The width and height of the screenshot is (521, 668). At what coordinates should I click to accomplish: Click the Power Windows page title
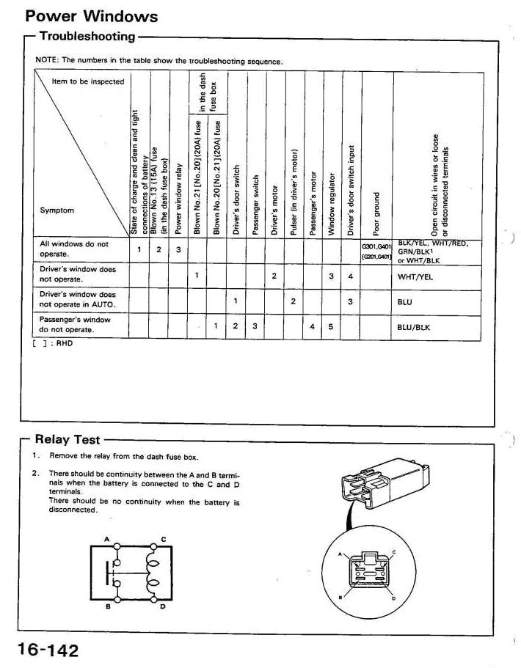(x=91, y=15)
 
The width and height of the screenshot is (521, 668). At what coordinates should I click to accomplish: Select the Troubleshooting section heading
(x=87, y=36)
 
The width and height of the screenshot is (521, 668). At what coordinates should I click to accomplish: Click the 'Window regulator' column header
(x=331, y=205)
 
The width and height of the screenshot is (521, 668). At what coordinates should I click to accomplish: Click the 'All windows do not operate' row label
(x=73, y=249)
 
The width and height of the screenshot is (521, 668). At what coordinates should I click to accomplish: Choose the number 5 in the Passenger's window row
(x=331, y=326)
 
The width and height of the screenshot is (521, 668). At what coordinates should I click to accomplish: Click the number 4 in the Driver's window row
(x=351, y=276)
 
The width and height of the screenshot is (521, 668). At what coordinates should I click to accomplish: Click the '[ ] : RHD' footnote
(x=56, y=342)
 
